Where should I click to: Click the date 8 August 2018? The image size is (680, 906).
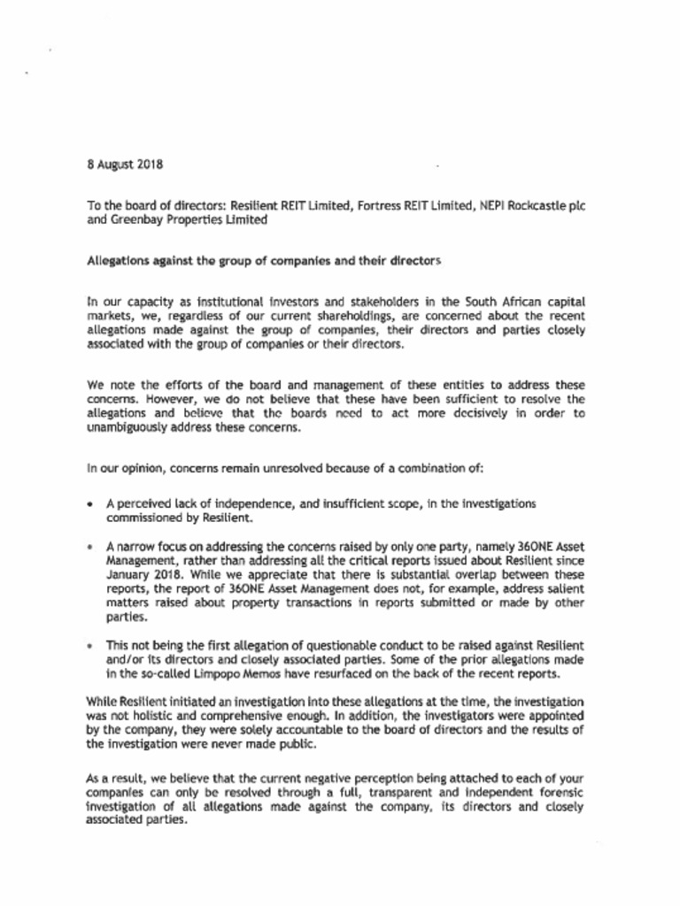125,165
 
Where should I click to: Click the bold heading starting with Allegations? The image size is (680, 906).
263,262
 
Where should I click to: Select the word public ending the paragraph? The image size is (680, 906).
296,745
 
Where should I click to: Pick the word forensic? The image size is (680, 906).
556,790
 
